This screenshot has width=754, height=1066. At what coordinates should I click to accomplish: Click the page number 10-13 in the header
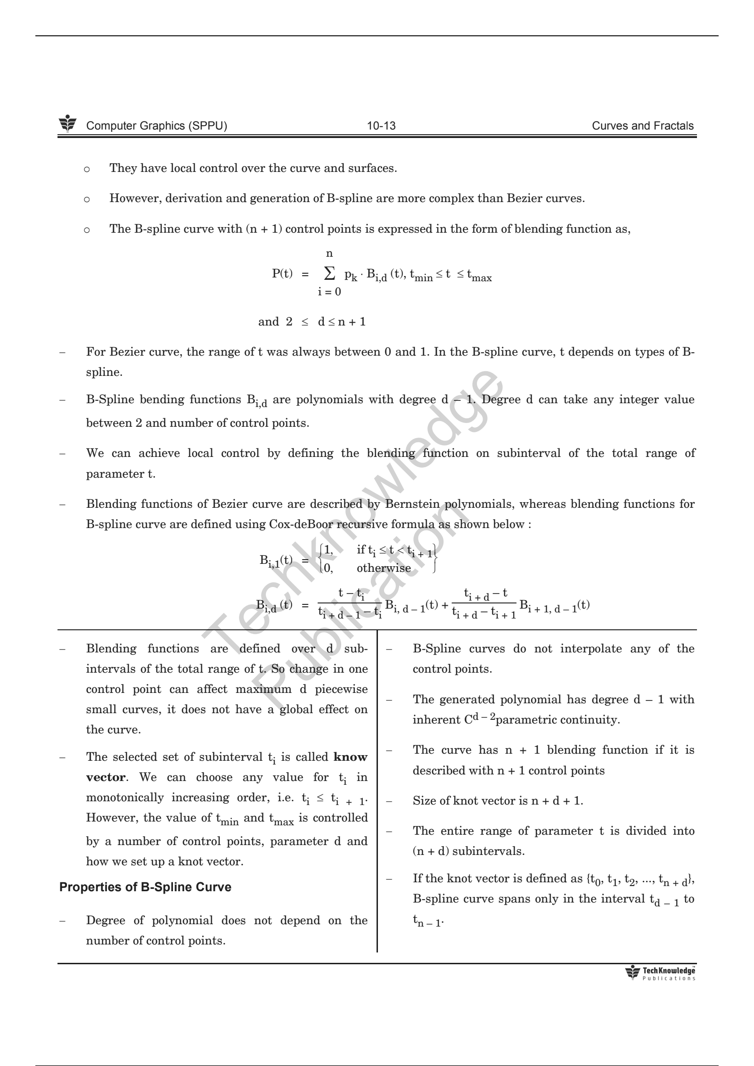coord(381,126)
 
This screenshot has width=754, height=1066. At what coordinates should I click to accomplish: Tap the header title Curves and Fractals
coord(643,126)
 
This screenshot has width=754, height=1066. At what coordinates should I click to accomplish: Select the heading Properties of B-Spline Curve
coord(146,887)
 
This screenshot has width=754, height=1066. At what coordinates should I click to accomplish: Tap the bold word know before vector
coord(351,757)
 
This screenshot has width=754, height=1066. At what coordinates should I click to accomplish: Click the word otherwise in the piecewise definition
coord(384,568)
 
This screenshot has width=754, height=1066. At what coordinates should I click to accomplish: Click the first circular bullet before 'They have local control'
coord(86,169)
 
